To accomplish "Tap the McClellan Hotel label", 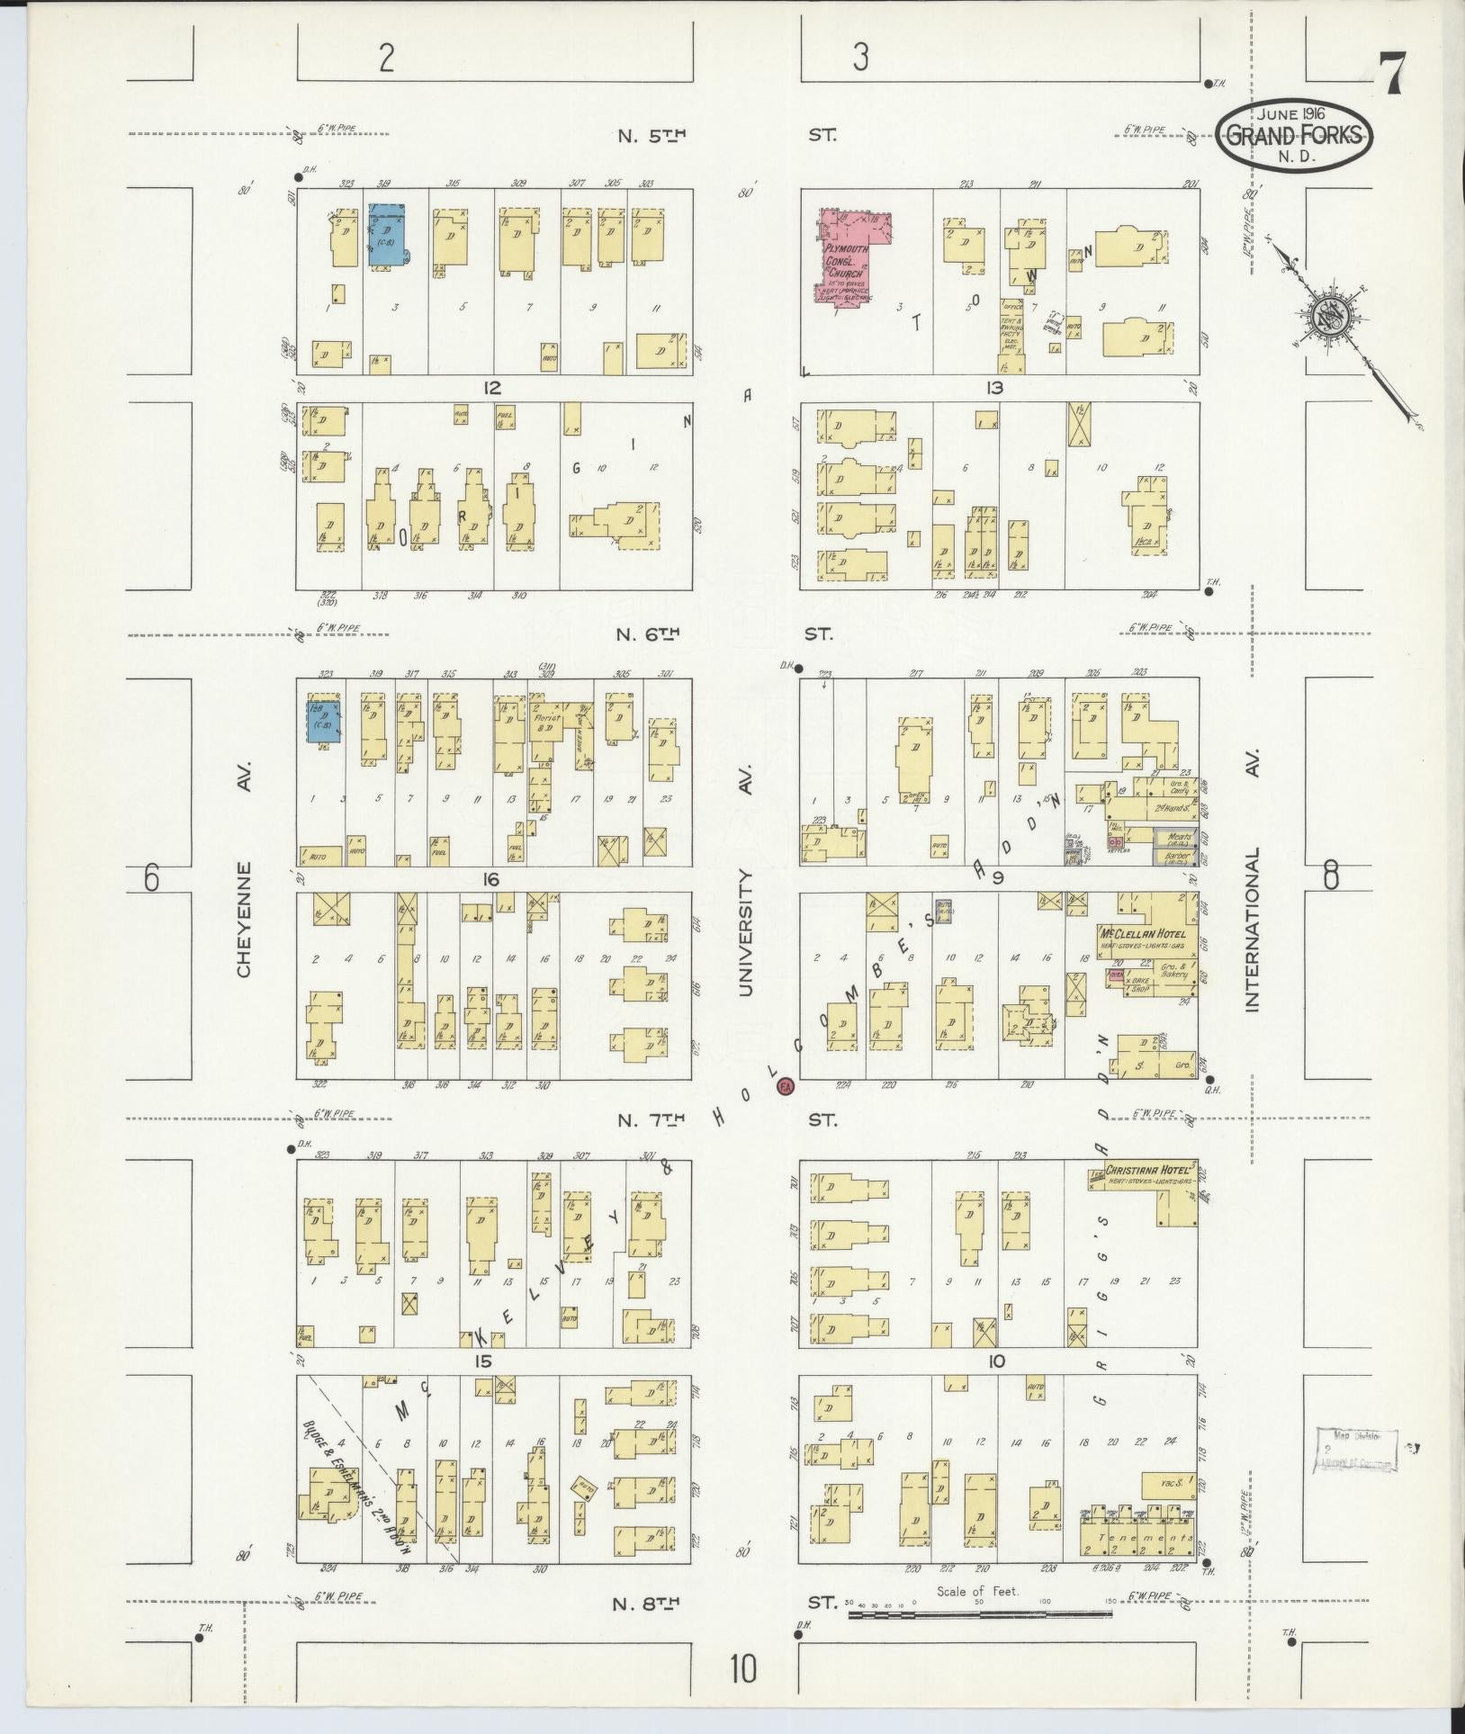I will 1141,933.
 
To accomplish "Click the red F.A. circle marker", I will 786,1087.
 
